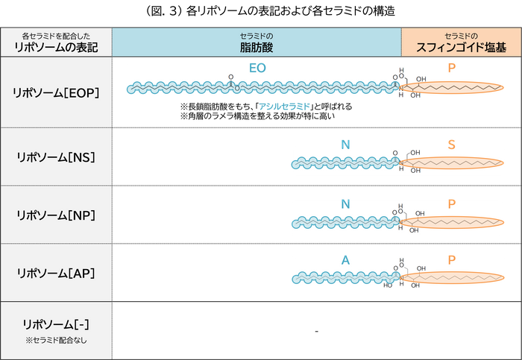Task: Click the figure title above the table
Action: click(270, 11)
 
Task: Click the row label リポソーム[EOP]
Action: click(56, 93)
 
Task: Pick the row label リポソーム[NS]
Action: click(56, 157)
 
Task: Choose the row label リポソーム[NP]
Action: click(56, 215)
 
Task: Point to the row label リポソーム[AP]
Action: click(56, 274)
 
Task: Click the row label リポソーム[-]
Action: click(56, 324)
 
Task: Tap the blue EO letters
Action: click(257, 69)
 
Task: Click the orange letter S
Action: click(451, 145)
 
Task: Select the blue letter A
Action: click(345, 260)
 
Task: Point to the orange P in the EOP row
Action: click(452, 68)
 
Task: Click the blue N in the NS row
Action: click(345, 145)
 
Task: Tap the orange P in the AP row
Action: click(452, 260)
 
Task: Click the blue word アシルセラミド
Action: click(285, 107)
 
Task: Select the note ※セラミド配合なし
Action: click(56, 341)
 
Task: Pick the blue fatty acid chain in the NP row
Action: click(346, 223)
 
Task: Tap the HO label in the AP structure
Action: click(388, 285)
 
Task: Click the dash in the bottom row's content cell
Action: click(316, 331)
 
